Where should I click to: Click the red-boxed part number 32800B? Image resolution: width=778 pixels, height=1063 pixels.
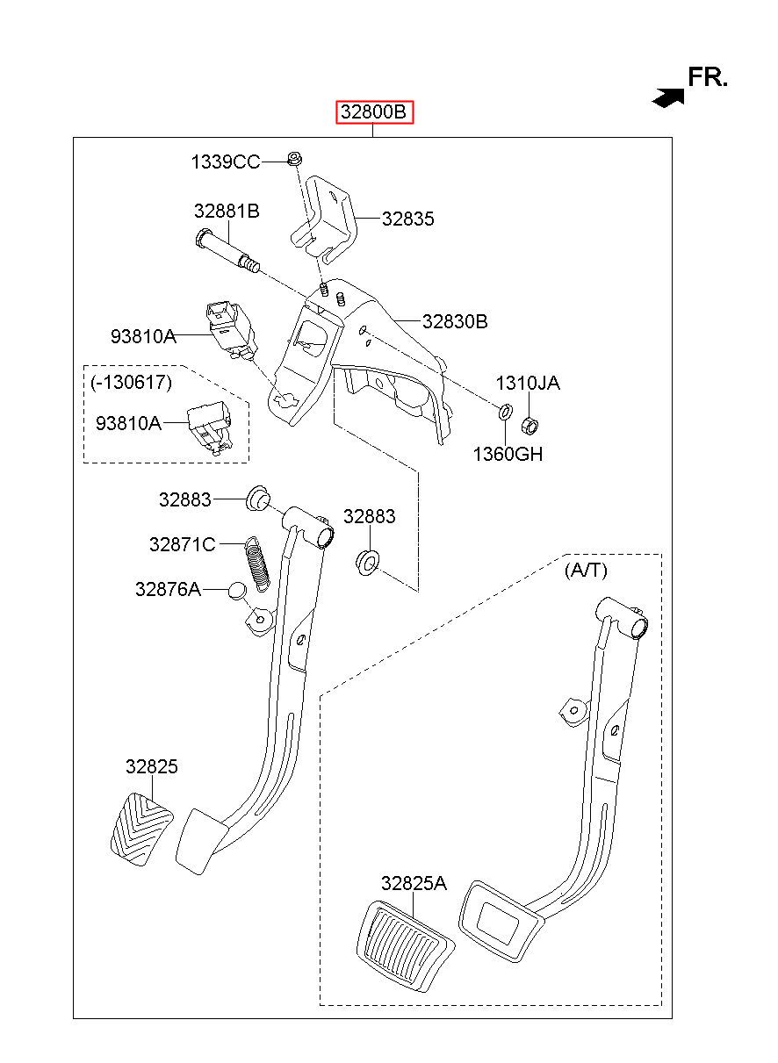(374, 112)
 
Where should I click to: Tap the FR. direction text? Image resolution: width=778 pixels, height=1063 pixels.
(707, 77)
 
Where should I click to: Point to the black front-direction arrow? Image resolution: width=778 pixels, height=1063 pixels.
(668, 97)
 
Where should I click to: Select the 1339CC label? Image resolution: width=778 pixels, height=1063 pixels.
(226, 162)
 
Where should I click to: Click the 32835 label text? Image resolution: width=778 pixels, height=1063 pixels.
(407, 219)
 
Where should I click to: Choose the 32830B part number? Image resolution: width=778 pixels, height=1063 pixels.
(455, 322)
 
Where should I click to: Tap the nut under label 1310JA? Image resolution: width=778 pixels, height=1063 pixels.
(529, 425)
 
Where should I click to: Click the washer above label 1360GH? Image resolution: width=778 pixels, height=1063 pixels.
(505, 411)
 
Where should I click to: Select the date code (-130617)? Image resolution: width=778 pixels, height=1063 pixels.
(131, 382)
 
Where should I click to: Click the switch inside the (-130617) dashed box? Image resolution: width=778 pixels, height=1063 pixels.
(209, 427)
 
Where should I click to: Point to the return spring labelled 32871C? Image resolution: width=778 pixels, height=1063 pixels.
(256, 564)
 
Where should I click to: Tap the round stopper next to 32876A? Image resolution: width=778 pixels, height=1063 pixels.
(237, 591)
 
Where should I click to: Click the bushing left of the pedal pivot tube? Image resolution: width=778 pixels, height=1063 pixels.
(259, 499)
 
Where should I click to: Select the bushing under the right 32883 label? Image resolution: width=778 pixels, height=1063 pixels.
(367, 562)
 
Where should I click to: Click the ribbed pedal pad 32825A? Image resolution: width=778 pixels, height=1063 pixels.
(405, 944)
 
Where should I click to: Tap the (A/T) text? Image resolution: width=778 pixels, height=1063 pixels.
(586, 570)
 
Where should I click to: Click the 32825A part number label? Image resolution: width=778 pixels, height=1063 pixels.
(414, 883)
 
